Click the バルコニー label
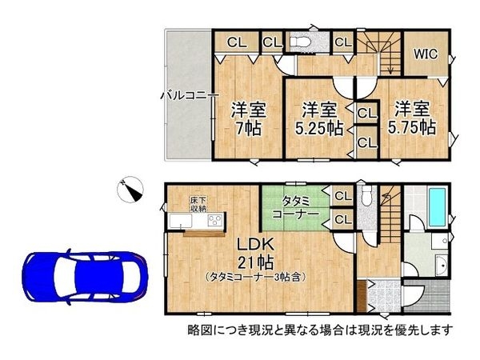point(189,94)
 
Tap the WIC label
point(425,54)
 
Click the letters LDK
point(255,243)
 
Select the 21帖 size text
point(255,262)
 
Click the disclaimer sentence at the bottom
point(320,329)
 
